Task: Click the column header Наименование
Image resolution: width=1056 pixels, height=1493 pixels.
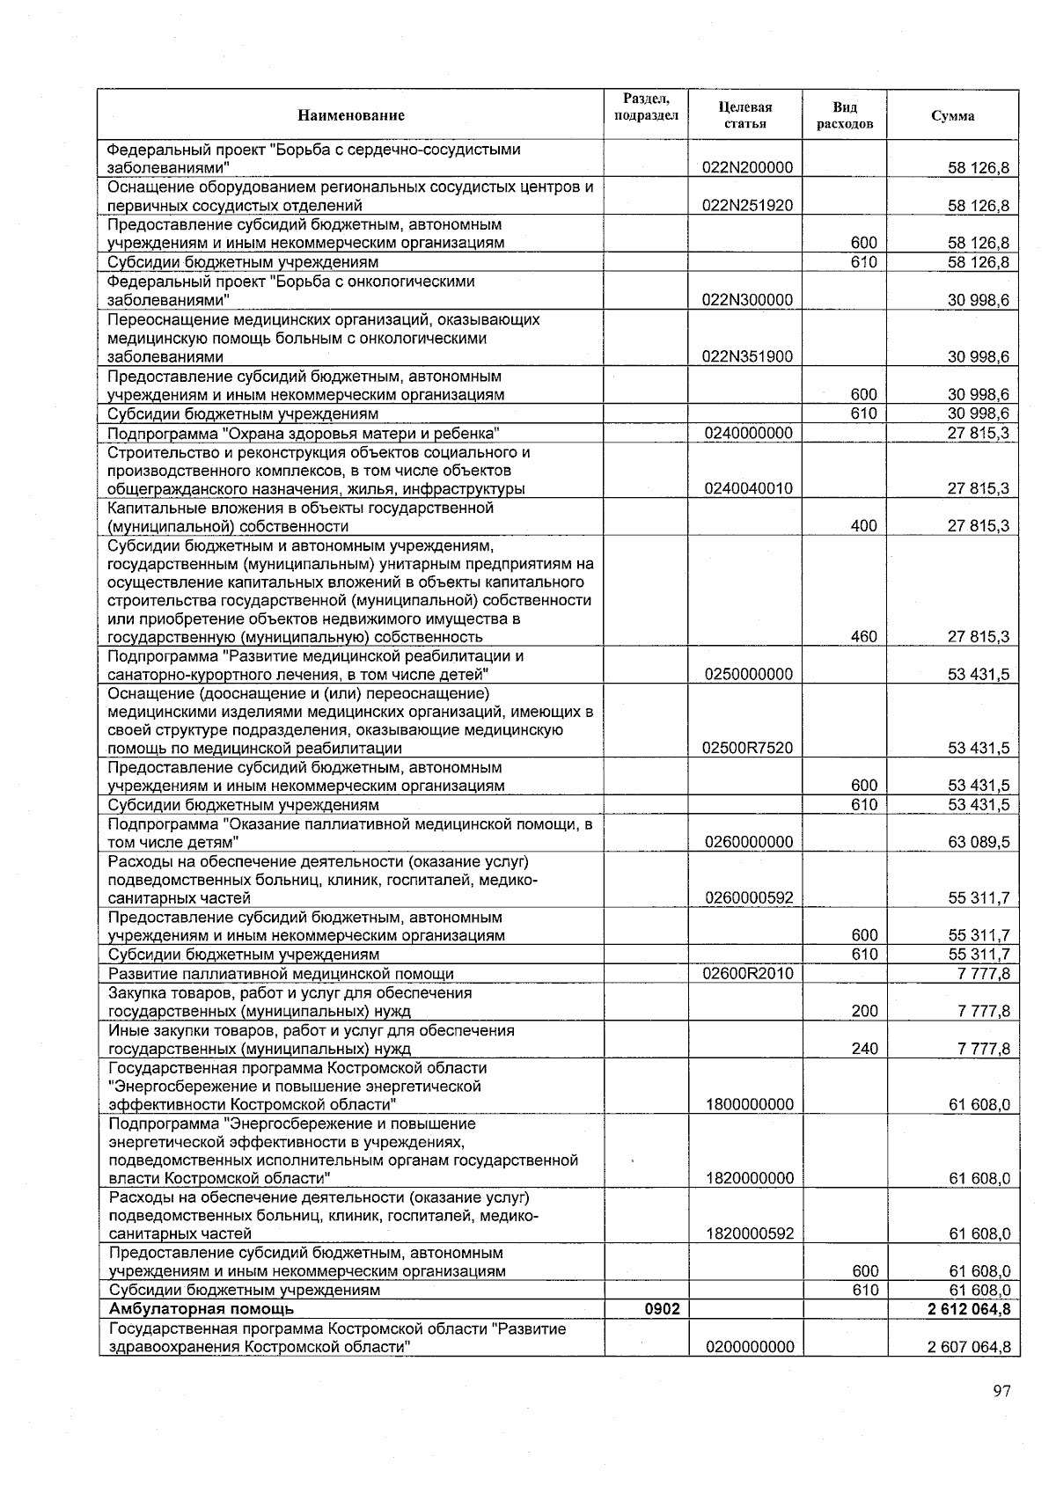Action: tap(350, 115)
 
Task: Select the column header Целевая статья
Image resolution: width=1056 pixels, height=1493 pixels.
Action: tap(744, 115)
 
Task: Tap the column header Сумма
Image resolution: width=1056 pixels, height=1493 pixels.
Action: tap(952, 116)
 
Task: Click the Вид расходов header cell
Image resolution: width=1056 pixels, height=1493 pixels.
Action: tap(844, 115)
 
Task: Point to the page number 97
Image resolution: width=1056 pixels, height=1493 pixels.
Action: tap(1001, 1391)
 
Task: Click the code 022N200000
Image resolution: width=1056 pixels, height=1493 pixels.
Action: tap(748, 168)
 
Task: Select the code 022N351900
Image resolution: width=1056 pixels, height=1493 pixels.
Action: tap(748, 357)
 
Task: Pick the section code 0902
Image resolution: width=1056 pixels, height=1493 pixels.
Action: tap(662, 1309)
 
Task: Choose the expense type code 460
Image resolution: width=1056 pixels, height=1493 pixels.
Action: tap(864, 637)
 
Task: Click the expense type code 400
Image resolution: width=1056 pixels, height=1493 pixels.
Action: tap(864, 526)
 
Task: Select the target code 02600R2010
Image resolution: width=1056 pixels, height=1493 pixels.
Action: tap(748, 974)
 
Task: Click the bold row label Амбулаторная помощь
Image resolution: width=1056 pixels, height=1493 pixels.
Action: tap(201, 1309)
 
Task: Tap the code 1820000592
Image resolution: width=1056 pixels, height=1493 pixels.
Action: tap(750, 1234)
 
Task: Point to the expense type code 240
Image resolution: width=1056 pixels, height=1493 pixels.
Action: tap(864, 1049)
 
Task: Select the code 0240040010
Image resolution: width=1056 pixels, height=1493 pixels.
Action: tap(748, 489)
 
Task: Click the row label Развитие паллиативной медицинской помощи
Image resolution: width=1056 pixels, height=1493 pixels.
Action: tap(281, 974)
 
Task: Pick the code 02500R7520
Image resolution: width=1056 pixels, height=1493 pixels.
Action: tap(748, 749)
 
